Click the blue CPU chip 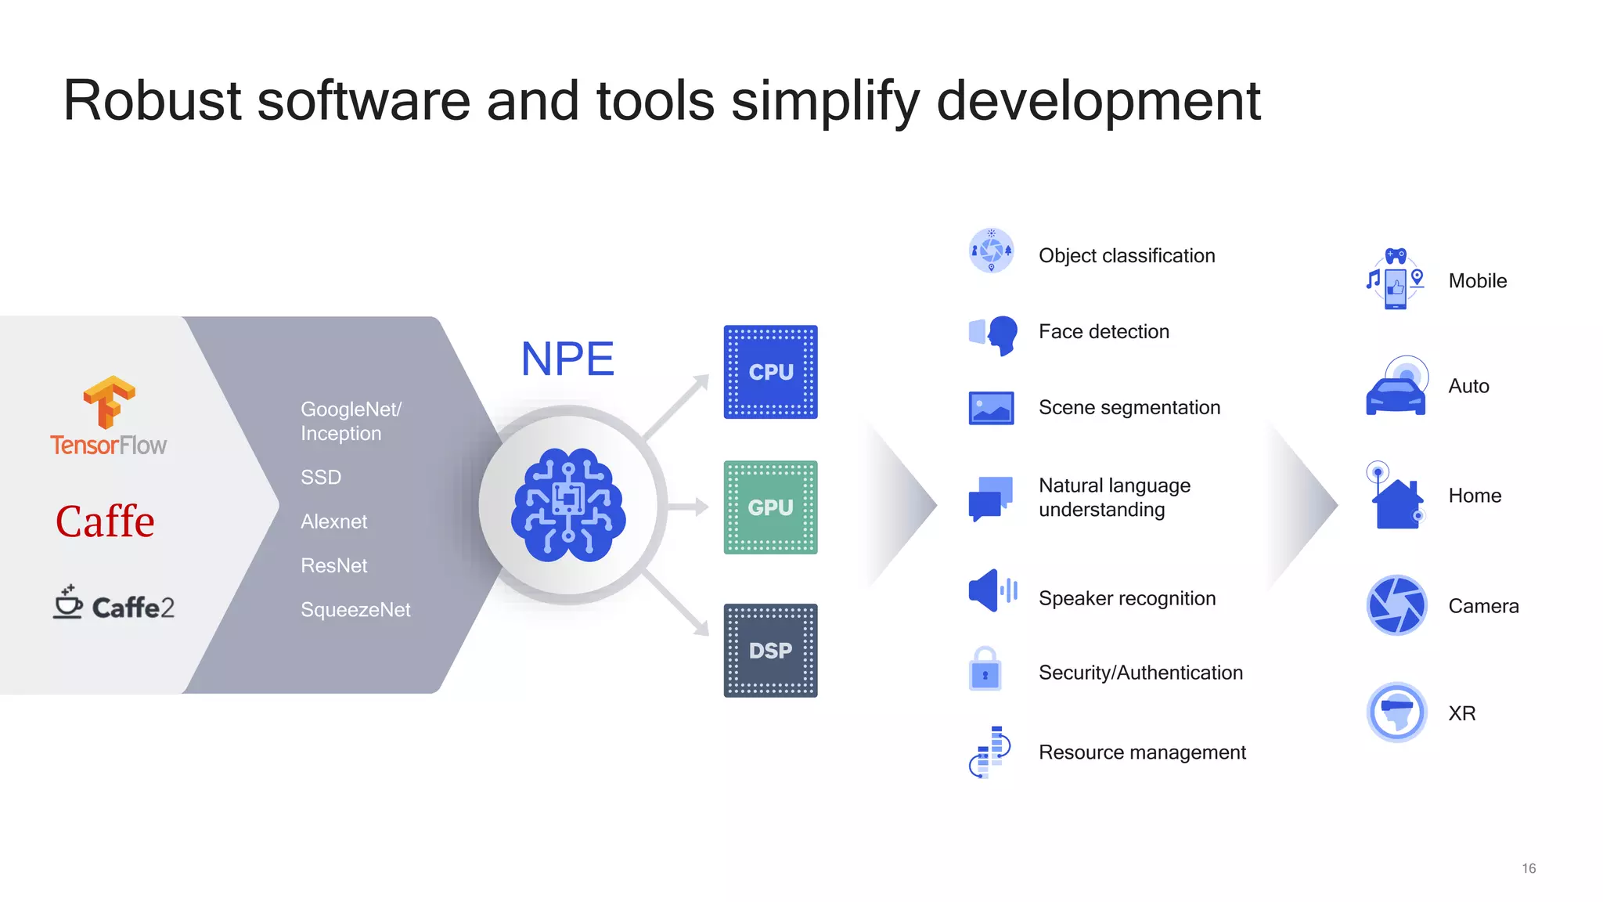coord(770,372)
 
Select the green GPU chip coord(770,507)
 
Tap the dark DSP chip coord(770,650)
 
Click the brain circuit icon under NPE coord(568,504)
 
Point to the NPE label coord(567,359)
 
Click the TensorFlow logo coord(109,416)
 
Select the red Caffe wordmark coord(105,521)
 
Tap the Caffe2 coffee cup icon coord(68,601)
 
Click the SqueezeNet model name coord(355,610)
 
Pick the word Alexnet coord(333,521)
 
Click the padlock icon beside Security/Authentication coord(985,669)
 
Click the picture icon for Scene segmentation coord(991,408)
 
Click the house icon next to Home coord(1397,503)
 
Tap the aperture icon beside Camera coord(1396,605)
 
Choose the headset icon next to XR coord(1396,713)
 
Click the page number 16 coord(1529,868)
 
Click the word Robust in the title coord(152,101)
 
